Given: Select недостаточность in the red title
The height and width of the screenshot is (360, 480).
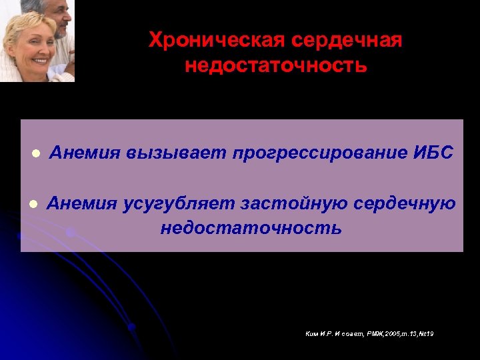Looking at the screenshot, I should [x=275, y=66].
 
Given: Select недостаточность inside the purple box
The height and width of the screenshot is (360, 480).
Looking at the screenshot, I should [x=251, y=229].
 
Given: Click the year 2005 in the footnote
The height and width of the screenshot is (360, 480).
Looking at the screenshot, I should [x=385, y=333].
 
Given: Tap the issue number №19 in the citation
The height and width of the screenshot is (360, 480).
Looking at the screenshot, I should [x=427, y=333].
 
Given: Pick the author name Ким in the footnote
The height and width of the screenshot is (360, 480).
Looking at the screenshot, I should [x=312, y=333].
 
